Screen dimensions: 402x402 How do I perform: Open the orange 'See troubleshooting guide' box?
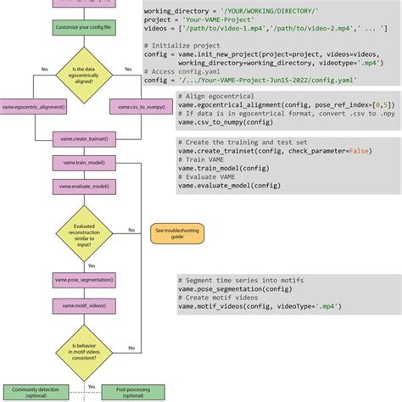(x=172, y=233)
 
